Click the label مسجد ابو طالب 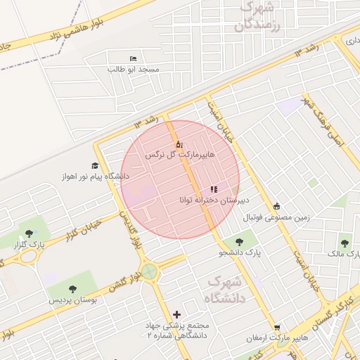pos(134,70)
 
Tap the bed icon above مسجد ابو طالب pos(134,58)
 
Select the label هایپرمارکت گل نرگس pos(178,153)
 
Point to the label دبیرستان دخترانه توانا pos(208,200)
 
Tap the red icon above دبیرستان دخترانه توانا pos(214,189)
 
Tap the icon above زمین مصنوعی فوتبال pos(276,206)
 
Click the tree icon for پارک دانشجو pos(251,243)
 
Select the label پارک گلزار pos(28,244)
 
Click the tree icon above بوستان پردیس pos(72,288)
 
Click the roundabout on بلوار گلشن pos(149,271)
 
